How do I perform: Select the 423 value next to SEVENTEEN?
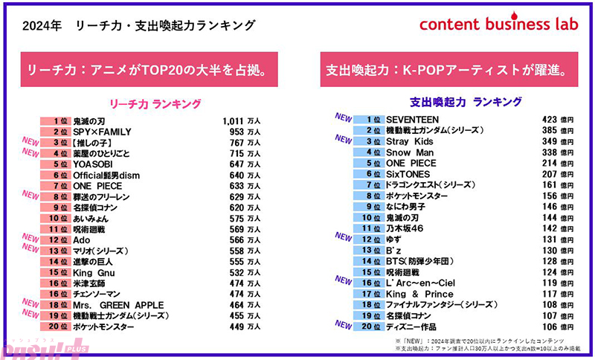point(549,119)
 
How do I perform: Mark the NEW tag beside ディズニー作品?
point(343,324)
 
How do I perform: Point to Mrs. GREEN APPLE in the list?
point(118,305)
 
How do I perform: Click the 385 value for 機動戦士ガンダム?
point(549,130)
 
